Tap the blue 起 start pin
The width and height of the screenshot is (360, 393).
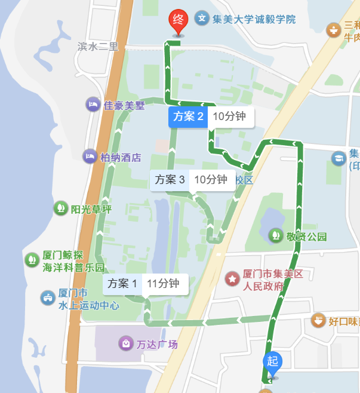pyautogui.click(x=272, y=362)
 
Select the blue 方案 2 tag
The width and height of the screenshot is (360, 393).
pyautogui.click(x=189, y=116)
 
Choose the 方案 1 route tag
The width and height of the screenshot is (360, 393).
pyautogui.click(x=122, y=284)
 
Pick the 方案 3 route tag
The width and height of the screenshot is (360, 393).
pyautogui.click(x=170, y=179)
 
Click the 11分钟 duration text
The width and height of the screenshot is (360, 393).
pyautogui.click(x=163, y=284)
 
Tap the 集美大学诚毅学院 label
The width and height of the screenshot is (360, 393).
pyautogui.click(x=254, y=19)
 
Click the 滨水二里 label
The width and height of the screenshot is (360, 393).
pyautogui.click(x=99, y=46)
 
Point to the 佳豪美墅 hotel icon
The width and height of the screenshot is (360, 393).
pyautogui.click(x=93, y=105)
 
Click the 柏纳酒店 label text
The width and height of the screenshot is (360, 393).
pyautogui.click(x=121, y=158)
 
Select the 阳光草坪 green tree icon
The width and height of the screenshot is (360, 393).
pyautogui.click(x=60, y=208)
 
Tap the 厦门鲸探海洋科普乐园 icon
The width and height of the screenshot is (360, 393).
pyautogui.click(x=31, y=260)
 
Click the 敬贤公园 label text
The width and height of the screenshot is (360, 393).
pyautogui.click(x=306, y=237)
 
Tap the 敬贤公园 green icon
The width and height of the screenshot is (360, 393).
pyautogui.click(x=276, y=236)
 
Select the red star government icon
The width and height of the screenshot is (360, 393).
pyautogui.click(x=232, y=279)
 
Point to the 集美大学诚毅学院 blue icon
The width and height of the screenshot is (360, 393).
pyautogui.click(x=202, y=19)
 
